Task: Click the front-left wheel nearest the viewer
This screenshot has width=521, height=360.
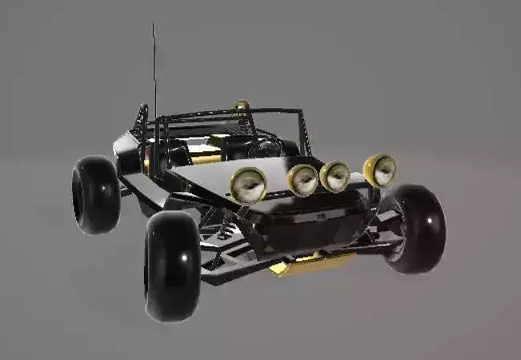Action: pos(171,266)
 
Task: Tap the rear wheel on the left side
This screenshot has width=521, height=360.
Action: pos(95,194)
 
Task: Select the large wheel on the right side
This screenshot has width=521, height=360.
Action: pos(415,229)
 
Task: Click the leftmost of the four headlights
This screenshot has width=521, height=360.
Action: pos(248,185)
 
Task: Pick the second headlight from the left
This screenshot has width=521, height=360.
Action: pos(303,180)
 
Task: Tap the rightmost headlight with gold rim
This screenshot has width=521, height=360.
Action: pos(380,170)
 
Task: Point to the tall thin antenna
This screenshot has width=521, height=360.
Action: pos(154,72)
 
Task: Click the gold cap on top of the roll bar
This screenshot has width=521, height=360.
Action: pos(242,104)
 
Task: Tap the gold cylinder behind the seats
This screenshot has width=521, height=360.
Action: pos(205,159)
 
